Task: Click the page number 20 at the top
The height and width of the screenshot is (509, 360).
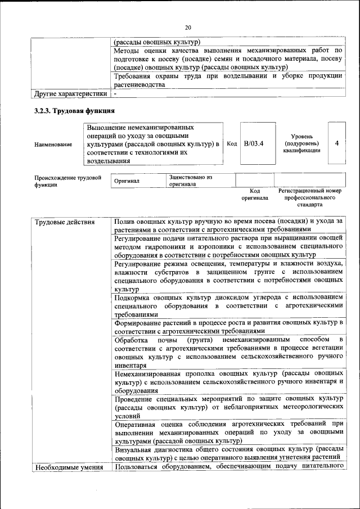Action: (x=188, y=26)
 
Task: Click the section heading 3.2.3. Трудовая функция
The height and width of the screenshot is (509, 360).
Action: (x=75, y=111)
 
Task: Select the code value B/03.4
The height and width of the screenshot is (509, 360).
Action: (x=254, y=143)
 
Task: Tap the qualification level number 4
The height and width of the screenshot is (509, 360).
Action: (x=336, y=143)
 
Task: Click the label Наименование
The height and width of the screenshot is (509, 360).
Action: (x=53, y=145)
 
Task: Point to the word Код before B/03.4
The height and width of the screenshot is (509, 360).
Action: (x=232, y=143)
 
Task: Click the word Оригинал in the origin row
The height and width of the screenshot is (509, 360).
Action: (x=127, y=181)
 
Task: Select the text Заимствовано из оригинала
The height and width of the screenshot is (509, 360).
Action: (x=190, y=181)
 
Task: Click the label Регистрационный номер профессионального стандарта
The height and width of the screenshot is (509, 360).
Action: (x=310, y=198)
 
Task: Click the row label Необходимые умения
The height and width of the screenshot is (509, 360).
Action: (x=69, y=467)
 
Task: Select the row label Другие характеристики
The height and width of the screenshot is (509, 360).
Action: (x=70, y=93)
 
